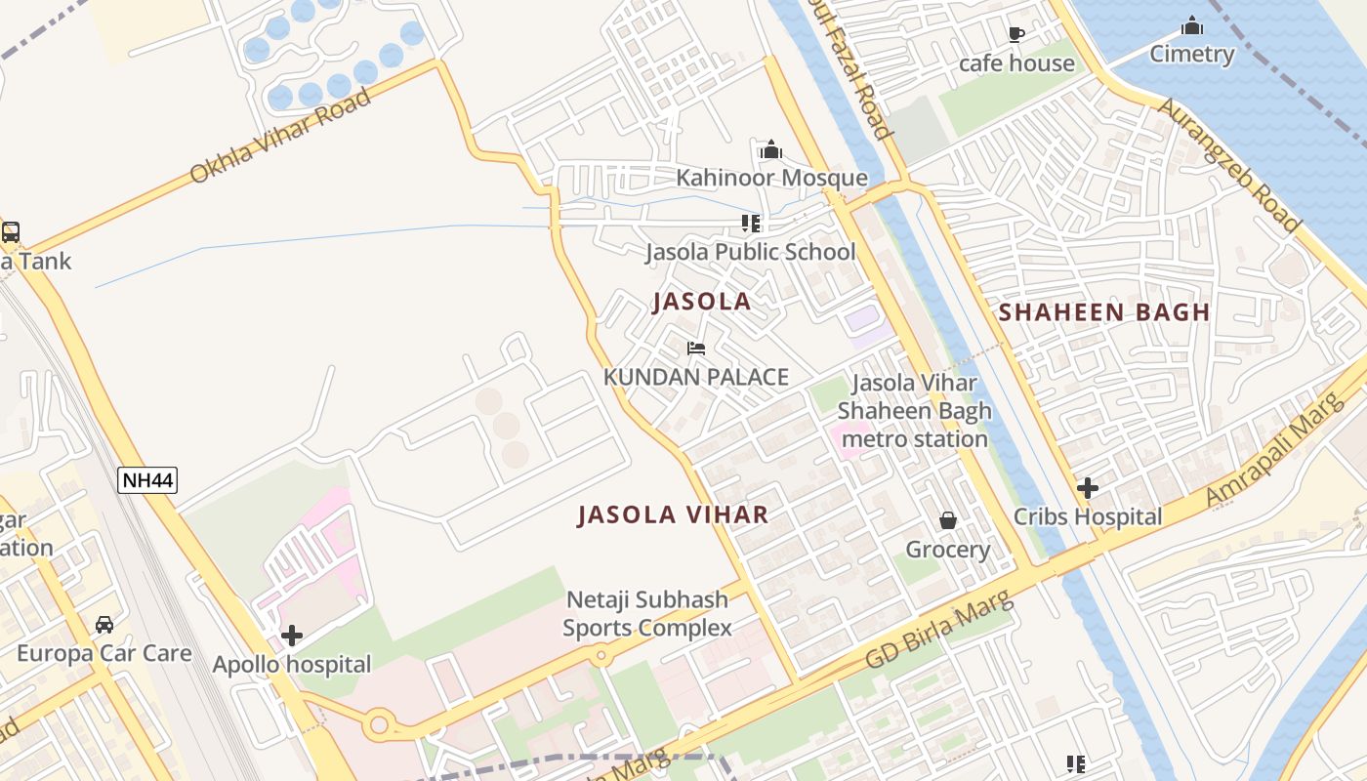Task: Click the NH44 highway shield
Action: (147, 479)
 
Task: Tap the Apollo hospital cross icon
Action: (291, 637)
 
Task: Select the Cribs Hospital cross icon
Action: (1087, 488)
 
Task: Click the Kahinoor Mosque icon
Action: (771, 149)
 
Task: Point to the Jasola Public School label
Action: (750, 252)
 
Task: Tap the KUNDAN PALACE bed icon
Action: (695, 349)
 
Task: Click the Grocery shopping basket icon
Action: (947, 520)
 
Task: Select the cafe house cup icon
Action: (1015, 35)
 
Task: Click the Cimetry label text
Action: (1191, 54)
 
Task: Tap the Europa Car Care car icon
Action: (104, 624)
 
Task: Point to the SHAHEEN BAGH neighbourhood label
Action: (1104, 312)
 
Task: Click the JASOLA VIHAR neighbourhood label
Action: (673, 514)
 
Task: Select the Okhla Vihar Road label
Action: (280, 136)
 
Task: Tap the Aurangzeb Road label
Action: (1228, 165)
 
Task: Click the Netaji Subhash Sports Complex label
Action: (647, 614)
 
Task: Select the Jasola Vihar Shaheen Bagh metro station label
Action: (914, 411)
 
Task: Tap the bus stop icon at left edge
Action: (10, 232)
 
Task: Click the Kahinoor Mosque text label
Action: (771, 178)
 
